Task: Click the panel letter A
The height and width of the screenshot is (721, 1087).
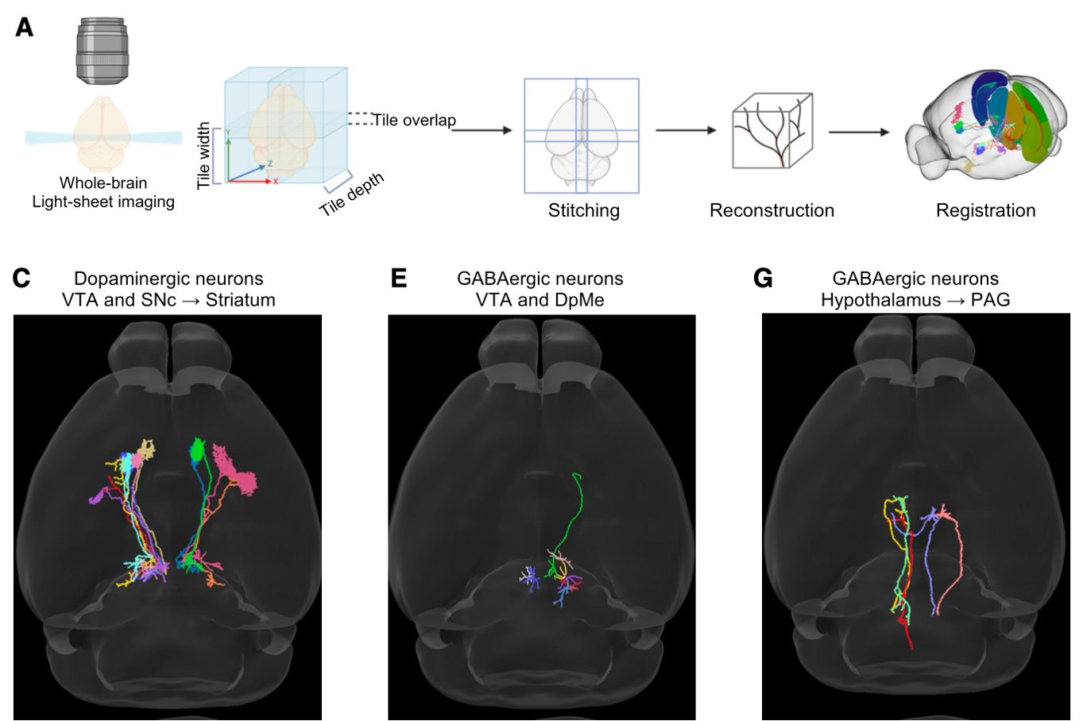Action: (25, 28)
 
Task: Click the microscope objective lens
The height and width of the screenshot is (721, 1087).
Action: (103, 51)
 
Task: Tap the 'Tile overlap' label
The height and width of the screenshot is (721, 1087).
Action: (414, 120)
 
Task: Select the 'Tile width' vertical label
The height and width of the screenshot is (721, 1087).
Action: (204, 155)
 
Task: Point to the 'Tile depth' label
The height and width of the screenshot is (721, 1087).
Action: (351, 194)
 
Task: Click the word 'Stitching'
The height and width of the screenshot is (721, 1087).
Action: (583, 210)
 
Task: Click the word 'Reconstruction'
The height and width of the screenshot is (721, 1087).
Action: (772, 210)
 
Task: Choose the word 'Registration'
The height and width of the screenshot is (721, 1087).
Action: (985, 210)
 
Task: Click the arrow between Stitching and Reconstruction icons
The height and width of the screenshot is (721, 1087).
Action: (686, 130)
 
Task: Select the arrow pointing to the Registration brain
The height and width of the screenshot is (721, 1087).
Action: (858, 132)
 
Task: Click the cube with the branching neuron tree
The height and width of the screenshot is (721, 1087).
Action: (772, 130)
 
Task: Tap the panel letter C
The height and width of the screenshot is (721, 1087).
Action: (21, 279)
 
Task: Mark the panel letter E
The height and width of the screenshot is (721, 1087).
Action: (399, 279)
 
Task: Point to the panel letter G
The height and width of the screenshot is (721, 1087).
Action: (763, 279)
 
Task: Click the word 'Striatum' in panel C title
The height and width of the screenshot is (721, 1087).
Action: (240, 300)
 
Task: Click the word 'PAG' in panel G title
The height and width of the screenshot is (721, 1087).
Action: (990, 300)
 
